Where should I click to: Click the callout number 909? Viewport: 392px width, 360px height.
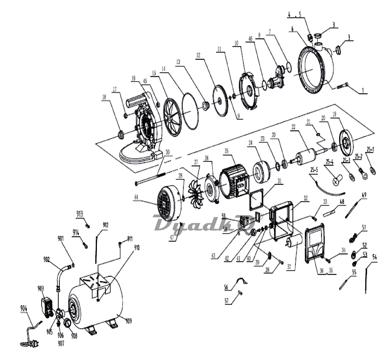tap(128, 320)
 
